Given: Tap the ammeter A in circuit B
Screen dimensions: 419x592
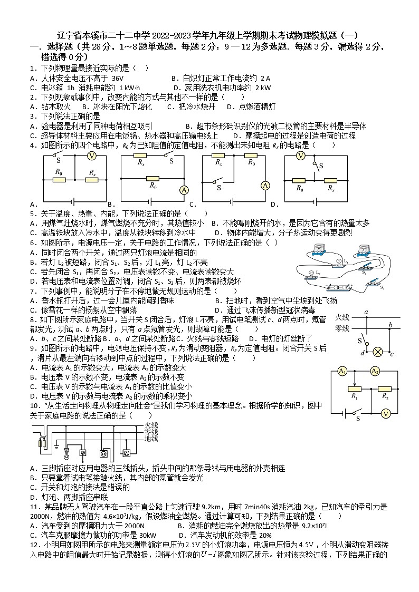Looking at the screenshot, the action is [184, 190].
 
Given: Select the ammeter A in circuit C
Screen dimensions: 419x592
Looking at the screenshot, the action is [265, 185].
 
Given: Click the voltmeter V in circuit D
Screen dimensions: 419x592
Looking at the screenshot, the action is [301, 156].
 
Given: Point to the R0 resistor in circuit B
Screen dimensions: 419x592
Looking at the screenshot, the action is [153, 178].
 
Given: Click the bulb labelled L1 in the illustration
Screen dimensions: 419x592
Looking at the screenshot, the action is [339, 262].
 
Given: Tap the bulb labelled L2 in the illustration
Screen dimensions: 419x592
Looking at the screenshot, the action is [311, 274].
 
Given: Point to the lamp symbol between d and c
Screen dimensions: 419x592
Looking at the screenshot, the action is [378, 352].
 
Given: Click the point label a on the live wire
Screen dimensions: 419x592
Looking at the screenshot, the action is [366, 313].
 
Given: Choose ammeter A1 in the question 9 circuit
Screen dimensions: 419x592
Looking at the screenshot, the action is [342, 371].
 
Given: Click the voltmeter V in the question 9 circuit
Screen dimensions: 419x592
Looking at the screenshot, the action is [386, 414].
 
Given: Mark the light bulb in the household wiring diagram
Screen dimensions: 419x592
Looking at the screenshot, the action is [67, 452].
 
